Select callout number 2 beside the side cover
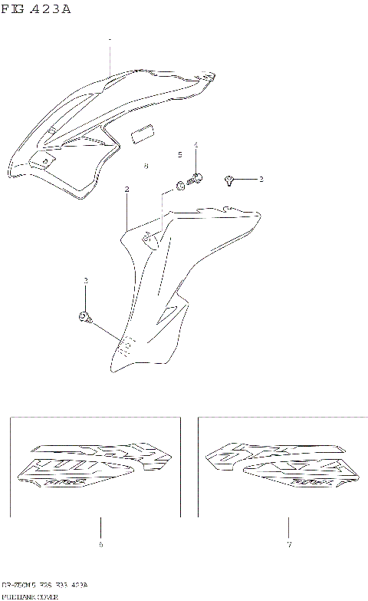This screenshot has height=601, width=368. (127, 189)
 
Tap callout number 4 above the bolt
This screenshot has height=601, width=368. (195, 145)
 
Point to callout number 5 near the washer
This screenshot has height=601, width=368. (180, 155)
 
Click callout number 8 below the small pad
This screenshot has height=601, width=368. (146, 165)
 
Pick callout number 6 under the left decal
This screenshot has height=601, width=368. (100, 546)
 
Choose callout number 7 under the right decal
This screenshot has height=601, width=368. (288, 546)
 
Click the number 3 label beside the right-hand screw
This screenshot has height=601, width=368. (261, 180)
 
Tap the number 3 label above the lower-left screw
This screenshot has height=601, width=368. (85, 281)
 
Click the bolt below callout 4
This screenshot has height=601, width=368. (196, 179)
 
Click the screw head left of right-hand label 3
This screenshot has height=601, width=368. (229, 180)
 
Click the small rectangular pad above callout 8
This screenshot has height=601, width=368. (143, 136)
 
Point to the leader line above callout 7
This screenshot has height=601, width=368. (288, 527)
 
